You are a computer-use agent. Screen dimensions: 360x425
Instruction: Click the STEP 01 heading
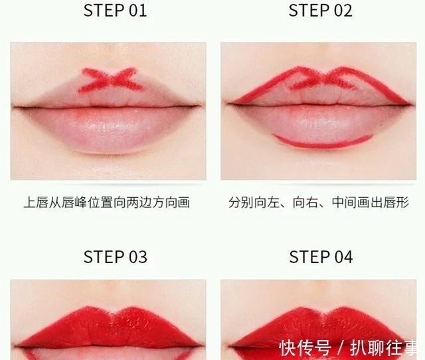click(x=115, y=11)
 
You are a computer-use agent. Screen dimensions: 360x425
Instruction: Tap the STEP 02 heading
click(x=321, y=11)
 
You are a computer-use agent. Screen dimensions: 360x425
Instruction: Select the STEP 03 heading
click(x=115, y=257)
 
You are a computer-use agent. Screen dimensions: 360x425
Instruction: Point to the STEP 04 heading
click(x=321, y=257)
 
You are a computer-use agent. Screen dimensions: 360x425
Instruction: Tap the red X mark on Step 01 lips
click(x=109, y=80)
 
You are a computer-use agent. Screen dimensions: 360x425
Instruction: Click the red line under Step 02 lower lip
click(x=322, y=142)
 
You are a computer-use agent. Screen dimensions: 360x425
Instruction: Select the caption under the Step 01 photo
click(x=107, y=203)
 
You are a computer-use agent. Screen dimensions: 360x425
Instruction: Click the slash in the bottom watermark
click(x=341, y=347)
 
